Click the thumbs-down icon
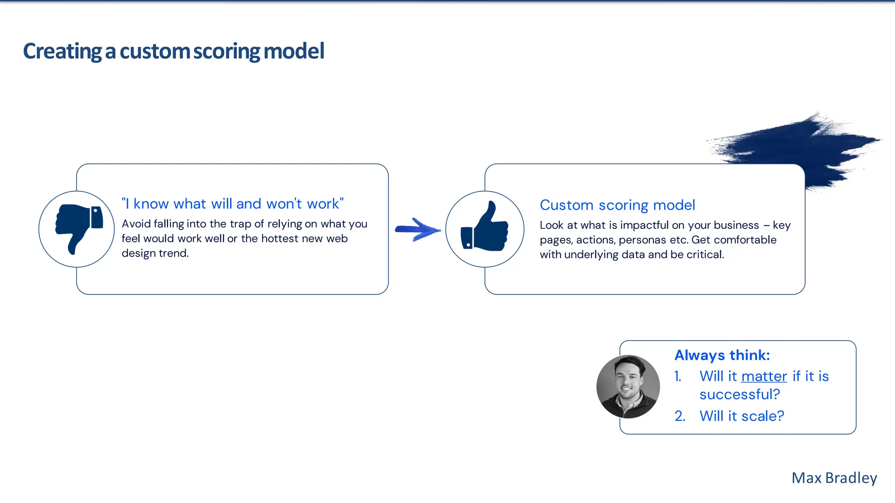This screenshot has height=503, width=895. [78, 228]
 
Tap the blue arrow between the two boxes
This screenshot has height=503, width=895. [417, 229]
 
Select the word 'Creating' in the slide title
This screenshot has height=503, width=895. [62, 52]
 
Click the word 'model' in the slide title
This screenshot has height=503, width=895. [294, 52]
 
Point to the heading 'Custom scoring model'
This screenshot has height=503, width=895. [617, 205]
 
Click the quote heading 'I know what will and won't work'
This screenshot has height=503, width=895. [232, 204]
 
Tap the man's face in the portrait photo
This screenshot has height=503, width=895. [628, 380]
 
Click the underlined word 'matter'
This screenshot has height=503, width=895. [764, 376]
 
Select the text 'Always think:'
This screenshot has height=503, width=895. [722, 355]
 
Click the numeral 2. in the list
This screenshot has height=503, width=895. [680, 416]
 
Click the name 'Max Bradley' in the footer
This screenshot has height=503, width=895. [834, 478]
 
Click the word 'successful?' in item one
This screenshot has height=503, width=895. [739, 395]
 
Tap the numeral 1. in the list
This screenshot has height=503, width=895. [678, 376]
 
